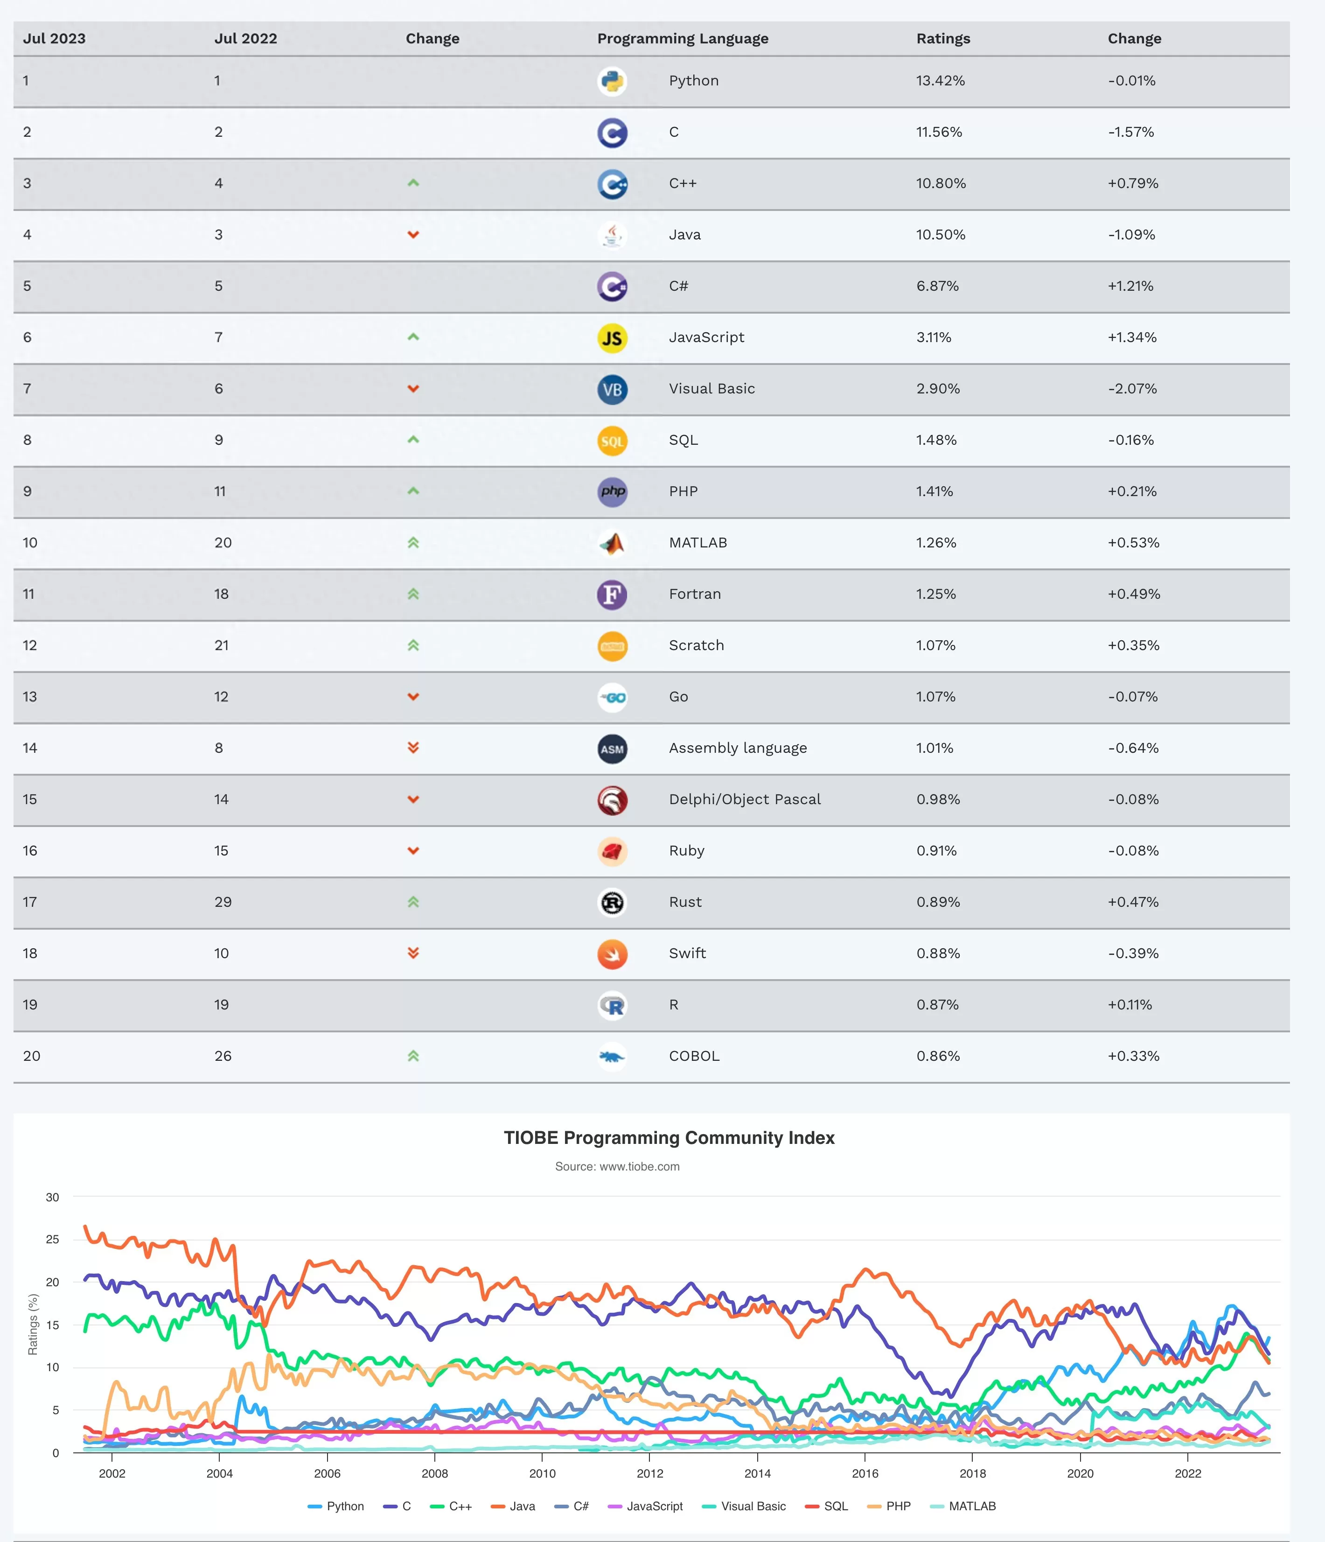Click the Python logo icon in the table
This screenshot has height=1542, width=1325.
pyautogui.click(x=612, y=81)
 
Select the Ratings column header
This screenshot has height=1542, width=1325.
pyautogui.click(x=943, y=39)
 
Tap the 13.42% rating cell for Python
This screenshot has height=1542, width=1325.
pyautogui.click(x=941, y=80)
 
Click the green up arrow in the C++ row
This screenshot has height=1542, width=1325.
pyautogui.click(x=414, y=183)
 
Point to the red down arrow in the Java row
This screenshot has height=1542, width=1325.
pyautogui.click(x=414, y=234)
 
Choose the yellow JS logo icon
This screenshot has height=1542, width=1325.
pyautogui.click(x=612, y=338)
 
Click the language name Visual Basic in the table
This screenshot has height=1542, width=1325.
pyautogui.click(x=712, y=388)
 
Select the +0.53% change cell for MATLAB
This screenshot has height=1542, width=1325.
pyautogui.click(x=1134, y=542)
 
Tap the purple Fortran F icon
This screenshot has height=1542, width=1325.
pyautogui.click(x=612, y=595)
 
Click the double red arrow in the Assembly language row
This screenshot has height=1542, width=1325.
pyautogui.click(x=414, y=748)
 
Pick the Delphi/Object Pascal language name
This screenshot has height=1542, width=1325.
pyautogui.click(x=745, y=799)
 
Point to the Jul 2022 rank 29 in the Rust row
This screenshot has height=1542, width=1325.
pyautogui.click(x=223, y=902)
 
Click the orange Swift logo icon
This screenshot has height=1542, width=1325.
pyautogui.click(x=612, y=954)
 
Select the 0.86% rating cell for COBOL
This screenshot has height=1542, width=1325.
pyautogui.click(x=938, y=1056)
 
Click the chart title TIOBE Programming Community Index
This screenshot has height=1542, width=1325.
pyautogui.click(x=669, y=1138)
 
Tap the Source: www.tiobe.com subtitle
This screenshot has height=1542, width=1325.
pyautogui.click(x=618, y=1166)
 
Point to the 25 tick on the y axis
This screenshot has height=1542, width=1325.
pyautogui.click(x=52, y=1239)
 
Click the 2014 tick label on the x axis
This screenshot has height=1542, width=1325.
pyautogui.click(x=757, y=1473)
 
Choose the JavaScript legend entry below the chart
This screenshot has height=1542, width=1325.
pyautogui.click(x=645, y=1506)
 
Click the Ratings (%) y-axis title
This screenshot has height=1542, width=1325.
pyautogui.click(x=33, y=1324)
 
